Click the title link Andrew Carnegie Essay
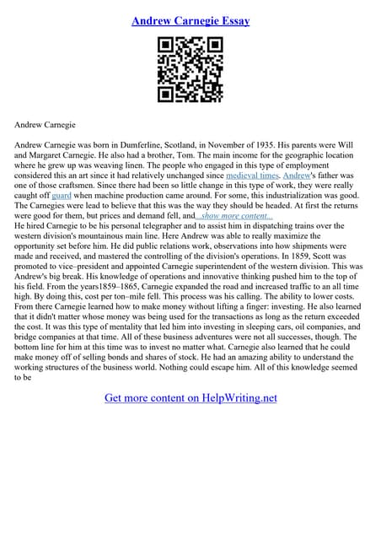pos(190,20)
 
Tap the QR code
pos(190,70)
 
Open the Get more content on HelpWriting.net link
pos(190,397)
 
